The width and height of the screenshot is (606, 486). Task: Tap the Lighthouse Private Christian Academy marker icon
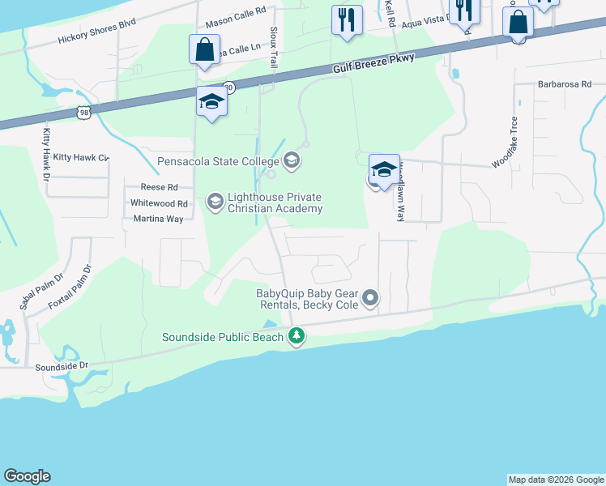point(215,199)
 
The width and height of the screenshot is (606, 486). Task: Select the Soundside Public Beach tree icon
point(297,335)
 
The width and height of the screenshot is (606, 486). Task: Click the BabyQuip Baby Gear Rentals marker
point(370,299)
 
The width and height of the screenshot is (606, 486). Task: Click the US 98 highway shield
point(83,113)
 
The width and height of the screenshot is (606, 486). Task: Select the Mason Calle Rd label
point(236,11)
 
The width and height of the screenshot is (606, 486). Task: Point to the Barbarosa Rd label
point(565,83)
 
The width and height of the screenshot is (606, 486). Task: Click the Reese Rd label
point(159,187)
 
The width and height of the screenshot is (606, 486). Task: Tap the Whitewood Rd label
point(159,203)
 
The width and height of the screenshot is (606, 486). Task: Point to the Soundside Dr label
point(62,366)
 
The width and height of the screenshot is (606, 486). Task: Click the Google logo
point(27,476)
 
